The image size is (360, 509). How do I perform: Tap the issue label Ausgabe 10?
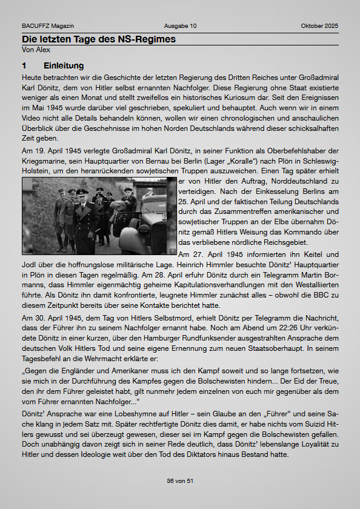click(180, 26)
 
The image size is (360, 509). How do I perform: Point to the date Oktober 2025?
click(319, 26)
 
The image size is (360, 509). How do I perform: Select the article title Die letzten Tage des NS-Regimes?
click(99, 39)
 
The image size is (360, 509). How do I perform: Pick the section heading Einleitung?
click(64, 65)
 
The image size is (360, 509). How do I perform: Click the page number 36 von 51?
click(180, 481)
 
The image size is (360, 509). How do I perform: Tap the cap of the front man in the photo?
click(83, 191)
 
